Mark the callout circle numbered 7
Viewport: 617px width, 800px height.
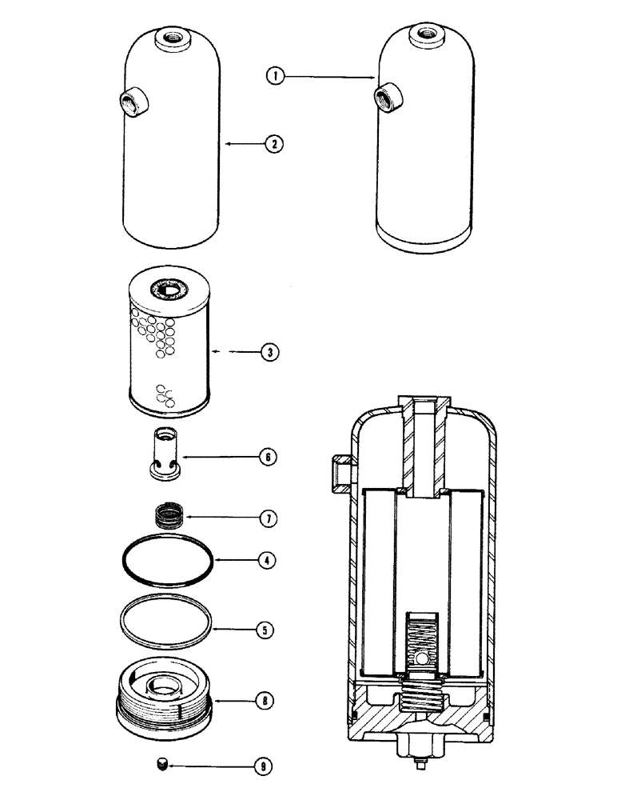point(269,518)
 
